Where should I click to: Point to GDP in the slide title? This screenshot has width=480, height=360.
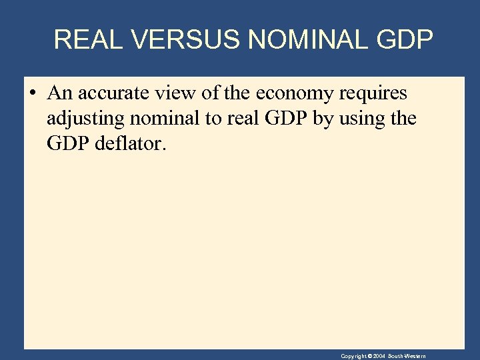tap(405, 40)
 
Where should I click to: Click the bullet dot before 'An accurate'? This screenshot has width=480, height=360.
tap(33, 93)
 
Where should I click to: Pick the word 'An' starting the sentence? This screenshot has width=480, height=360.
tap(59, 93)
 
